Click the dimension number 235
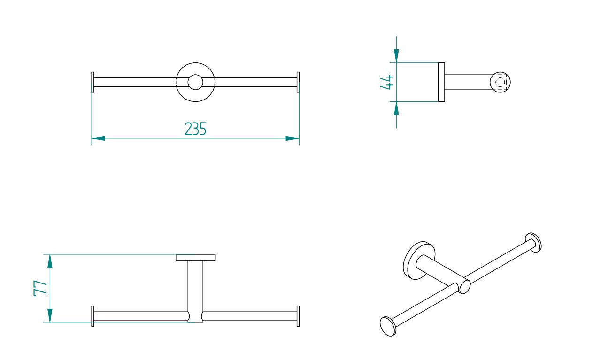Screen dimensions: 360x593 (195, 129)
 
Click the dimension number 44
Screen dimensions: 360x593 (386, 82)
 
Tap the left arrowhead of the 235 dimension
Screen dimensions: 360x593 (98, 138)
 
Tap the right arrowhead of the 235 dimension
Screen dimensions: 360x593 (293, 138)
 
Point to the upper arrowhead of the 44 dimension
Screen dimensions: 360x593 (397, 55)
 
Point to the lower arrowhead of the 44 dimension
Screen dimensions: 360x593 (397, 108)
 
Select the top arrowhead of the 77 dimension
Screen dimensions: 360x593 (50, 261)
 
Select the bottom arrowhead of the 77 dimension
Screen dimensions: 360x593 (50, 315)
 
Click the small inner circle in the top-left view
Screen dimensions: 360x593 (195, 82)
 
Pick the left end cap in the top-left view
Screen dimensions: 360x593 (92, 82)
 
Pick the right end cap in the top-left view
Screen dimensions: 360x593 (298, 82)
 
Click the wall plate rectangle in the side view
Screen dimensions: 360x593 (441, 82)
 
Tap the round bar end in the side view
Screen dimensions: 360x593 (500, 82)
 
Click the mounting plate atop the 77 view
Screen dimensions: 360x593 (195, 257)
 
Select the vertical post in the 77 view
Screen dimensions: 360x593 (195, 286)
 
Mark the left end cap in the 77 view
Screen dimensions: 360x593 (92, 316)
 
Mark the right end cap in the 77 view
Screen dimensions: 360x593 (298, 316)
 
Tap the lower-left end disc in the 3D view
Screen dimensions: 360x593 (387, 326)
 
